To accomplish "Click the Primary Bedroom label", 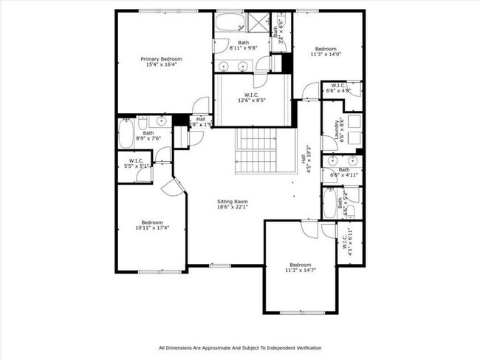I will coord(162,58).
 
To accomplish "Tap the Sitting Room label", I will coord(232,201).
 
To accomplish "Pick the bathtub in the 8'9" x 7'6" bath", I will coord(126,136).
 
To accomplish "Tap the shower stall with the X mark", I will coord(260,21).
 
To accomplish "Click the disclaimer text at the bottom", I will coord(240,347).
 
